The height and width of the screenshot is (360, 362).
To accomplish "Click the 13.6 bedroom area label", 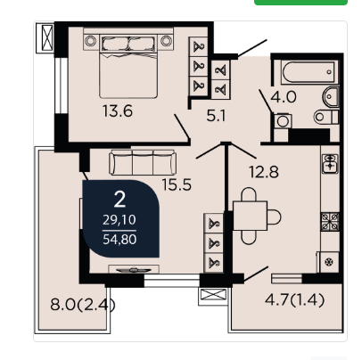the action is [x=118, y=111].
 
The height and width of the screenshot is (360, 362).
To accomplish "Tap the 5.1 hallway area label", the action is [x=217, y=116].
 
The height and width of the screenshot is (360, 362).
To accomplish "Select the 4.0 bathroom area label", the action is [x=284, y=97].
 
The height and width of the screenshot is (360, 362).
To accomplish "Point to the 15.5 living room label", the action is [x=177, y=184].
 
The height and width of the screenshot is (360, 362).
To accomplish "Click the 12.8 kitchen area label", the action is [x=264, y=172].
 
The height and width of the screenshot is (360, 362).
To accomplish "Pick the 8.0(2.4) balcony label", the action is [x=83, y=305].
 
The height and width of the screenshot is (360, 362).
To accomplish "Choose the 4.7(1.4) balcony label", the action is [x=294, y=300].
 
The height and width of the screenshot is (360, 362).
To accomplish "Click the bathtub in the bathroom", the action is [x=309, y=72].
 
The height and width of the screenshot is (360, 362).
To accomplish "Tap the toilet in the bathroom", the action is [x=325, y=117].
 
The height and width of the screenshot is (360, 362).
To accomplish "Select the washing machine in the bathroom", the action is [x=283, y=121].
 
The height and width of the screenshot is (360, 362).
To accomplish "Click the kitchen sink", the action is [x=330, y=163].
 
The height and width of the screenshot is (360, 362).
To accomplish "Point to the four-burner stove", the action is [x=330, y=222].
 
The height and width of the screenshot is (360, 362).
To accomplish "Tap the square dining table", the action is [x=250, y=216].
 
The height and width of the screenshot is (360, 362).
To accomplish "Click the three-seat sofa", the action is [x=143, y=162].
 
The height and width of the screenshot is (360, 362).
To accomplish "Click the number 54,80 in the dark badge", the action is [x=119, y=240].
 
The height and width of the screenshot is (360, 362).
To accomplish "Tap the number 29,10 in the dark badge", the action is [x=119, y=220].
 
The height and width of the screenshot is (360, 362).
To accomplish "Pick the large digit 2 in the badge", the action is [x=119, y=200].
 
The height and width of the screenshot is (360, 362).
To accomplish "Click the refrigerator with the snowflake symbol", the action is [x=329, y=262].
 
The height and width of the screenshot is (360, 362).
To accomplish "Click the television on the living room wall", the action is [x=134, y=269].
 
